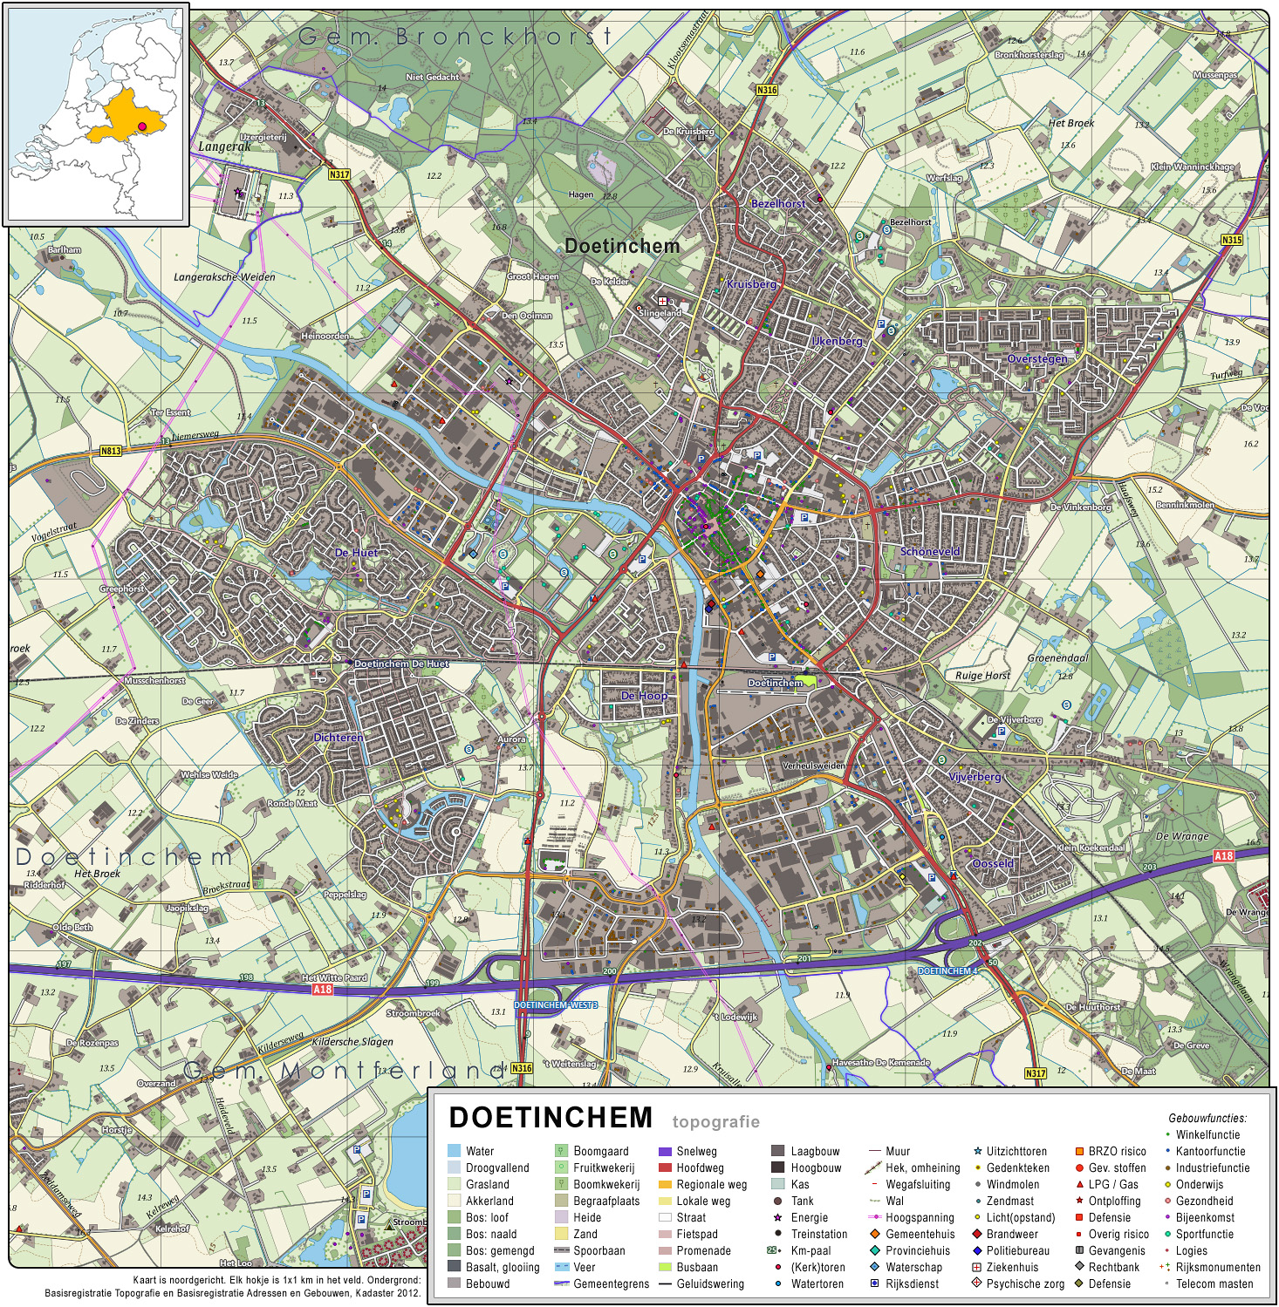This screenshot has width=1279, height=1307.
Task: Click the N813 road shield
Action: (x=111, y=451)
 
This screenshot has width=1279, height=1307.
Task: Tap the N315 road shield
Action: (x=1231, y=240)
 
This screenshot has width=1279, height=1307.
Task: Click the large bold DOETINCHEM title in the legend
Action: (x=551, y=1117)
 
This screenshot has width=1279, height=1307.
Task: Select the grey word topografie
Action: (x=715, y=1121)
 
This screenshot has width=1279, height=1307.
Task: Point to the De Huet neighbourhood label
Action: (x=356, y=553)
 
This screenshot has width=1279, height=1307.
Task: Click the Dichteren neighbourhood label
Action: (x=339, y=738)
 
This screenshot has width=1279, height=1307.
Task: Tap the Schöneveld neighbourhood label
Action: (x=930, y=552)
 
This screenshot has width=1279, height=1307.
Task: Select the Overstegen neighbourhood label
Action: (x=1037, y=359)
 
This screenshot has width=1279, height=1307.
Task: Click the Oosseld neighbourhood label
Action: (x=993, y=864)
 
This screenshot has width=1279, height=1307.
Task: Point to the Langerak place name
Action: (x=224, y=146)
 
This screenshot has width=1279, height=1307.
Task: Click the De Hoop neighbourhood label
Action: (x=644, y=696)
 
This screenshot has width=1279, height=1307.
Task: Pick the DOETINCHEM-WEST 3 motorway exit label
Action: (x=556, y=1004)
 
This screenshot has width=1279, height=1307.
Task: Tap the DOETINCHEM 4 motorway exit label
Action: (x=947, y=970)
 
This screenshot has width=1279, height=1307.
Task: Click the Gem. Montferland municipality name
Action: (x=345, y=1070)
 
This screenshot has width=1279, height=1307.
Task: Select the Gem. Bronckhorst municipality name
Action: (x=455, y=37)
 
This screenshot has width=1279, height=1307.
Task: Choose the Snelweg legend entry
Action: (x=696, y=1151)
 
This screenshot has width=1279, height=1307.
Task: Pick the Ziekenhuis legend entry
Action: (x=1012, y=1267)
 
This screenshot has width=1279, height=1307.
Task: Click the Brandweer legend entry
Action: (x=1012, y=1234)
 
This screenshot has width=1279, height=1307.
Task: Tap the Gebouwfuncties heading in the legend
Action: (x=1207, y=1118)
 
